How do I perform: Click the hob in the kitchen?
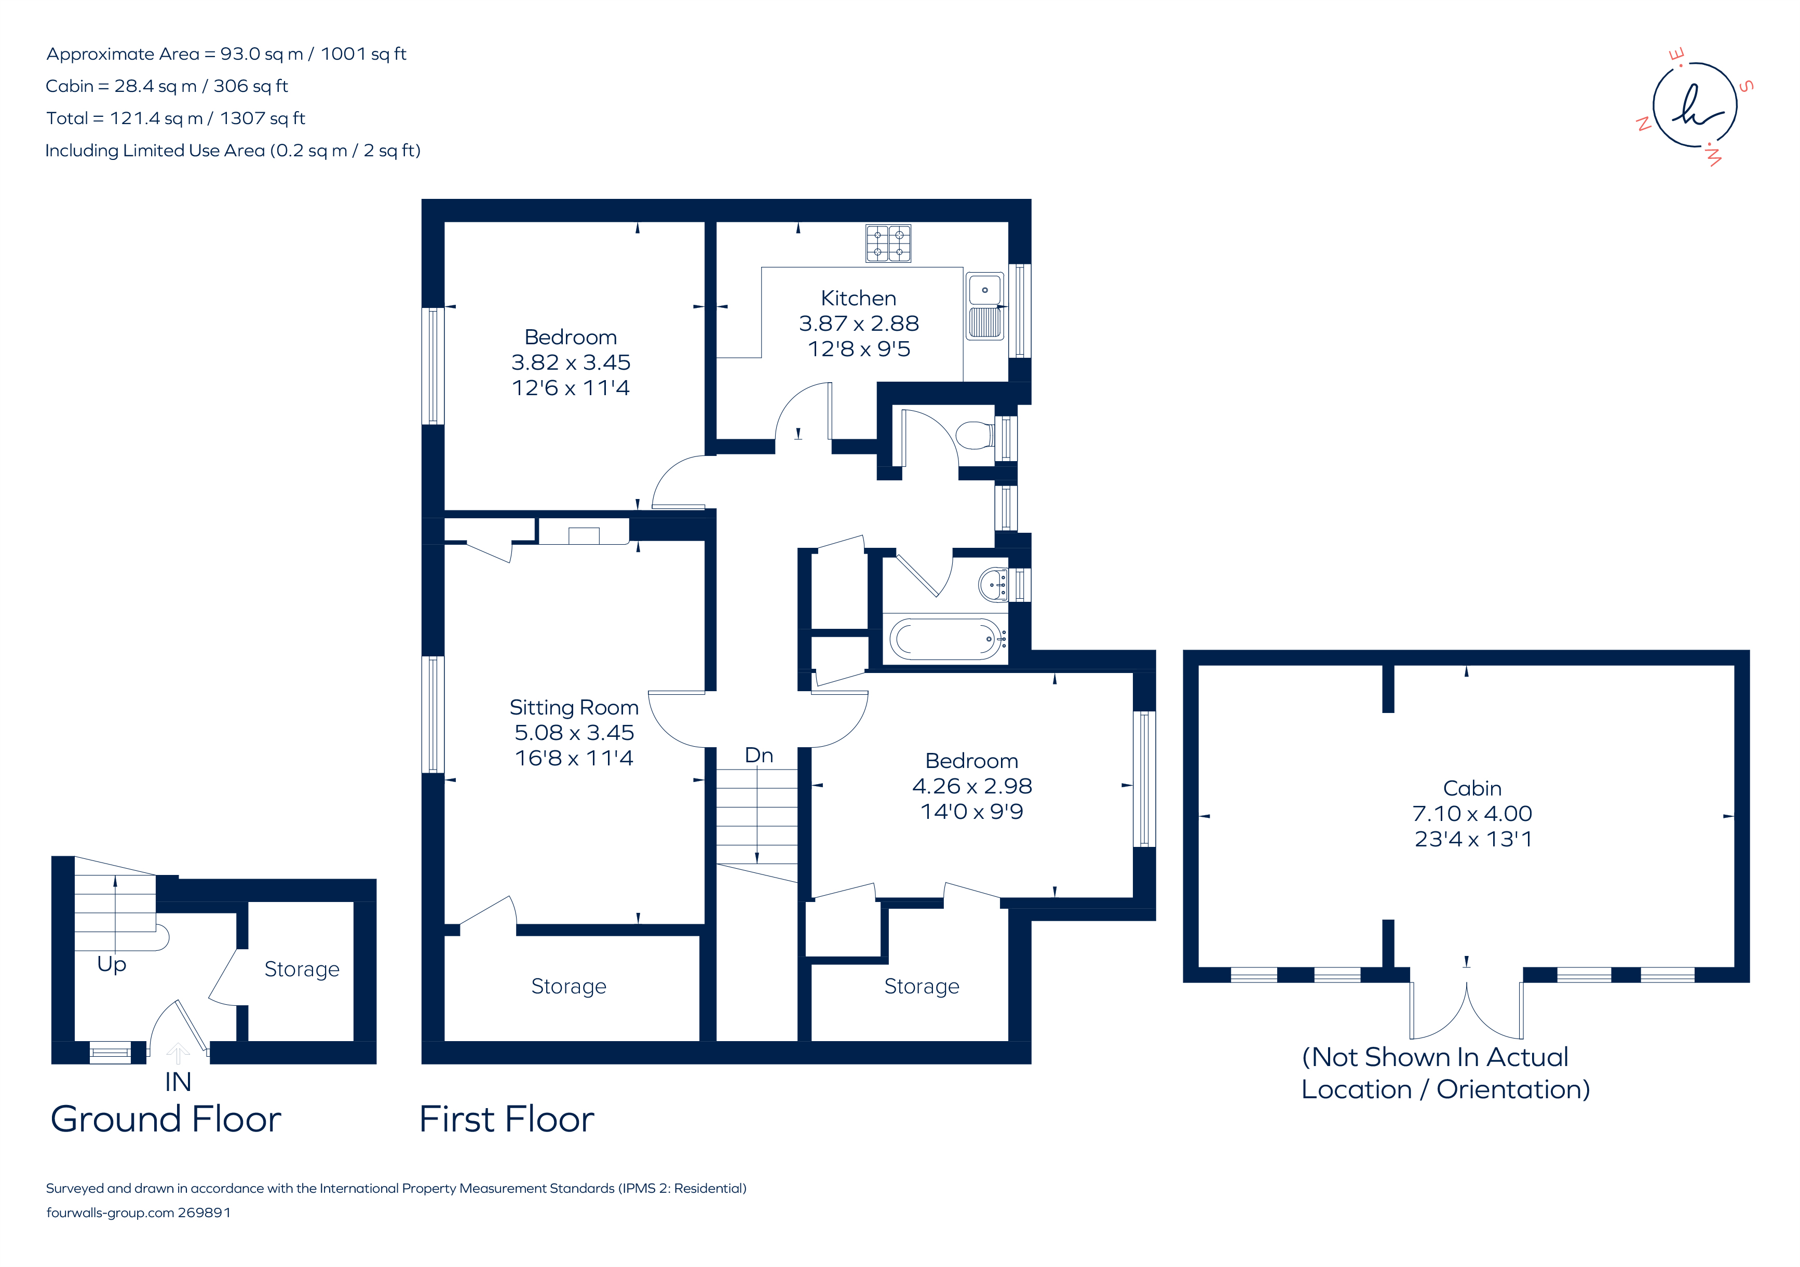click(x=888, y=243)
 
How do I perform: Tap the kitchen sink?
click(x=985, y=306)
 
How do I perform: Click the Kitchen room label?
click(x=858, y=298)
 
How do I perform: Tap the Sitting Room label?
click(x=574, y=707)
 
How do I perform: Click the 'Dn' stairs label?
click(x=759, y=755)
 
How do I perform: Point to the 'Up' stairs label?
click(x=111, y=964)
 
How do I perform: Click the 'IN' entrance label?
click(x=178, y=1082)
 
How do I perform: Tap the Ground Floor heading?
click(x=166, y=1119)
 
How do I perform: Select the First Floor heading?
click(x=506, y=1119)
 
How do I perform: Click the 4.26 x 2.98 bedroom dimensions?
click(x=972, y=786)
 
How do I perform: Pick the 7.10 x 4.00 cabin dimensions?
click(x=1472, y=814)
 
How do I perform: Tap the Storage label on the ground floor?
click(x=302, y=970)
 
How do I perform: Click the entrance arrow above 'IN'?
click(x=178, y=1053)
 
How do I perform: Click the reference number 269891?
click(x=205, y=1213)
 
